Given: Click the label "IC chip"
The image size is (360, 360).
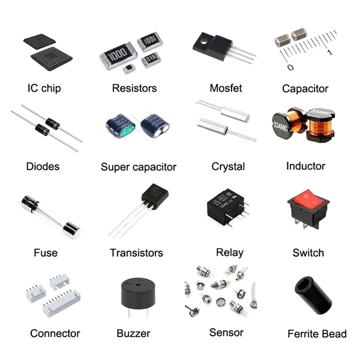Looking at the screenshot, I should click(x=44, y=88).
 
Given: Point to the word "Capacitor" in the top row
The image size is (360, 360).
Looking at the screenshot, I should click(x=305, y=89).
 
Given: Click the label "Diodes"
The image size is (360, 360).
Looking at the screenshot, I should click(x=43, y=166).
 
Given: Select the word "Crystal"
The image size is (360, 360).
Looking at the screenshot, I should click(x=228, y=166).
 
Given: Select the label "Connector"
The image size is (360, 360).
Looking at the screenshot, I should click(x=55, y=333).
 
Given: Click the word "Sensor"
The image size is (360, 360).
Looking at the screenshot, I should click(x=226, y=333).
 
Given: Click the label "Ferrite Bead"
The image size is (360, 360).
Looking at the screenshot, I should click(x=317, y=334).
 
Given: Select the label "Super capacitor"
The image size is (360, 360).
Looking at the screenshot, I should click(x=139, y=167).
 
